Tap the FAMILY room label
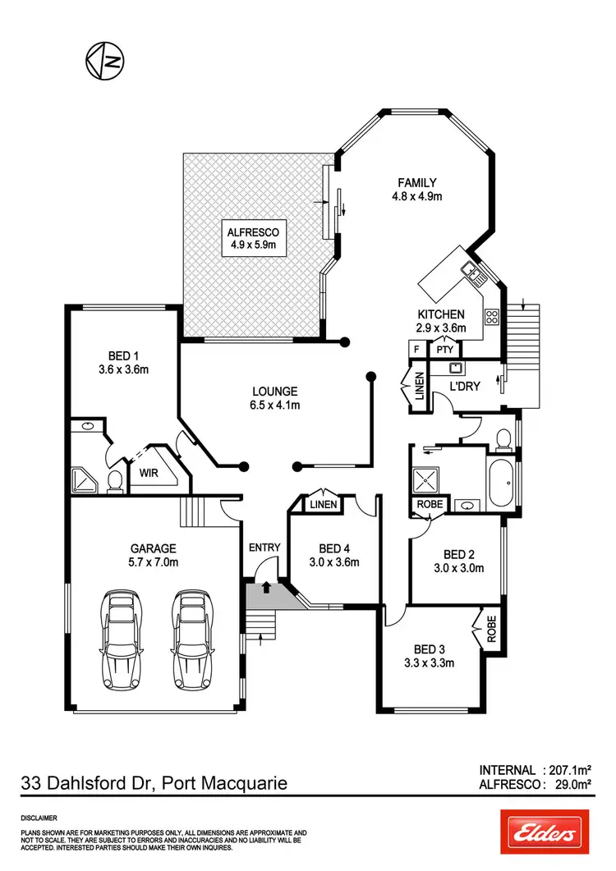(x=417, y=182)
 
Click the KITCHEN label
(x=442, y=314)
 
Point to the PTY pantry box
(x=445, y=350)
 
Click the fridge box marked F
(x=417, y=350)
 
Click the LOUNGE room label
(x=274, y=391)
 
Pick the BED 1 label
(x=124, y=355)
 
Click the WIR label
(x=149, y=474)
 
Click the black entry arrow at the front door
(x=266, y=586)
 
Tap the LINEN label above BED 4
(x=323, y=504)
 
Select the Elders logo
(x=545, y=834)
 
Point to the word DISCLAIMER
(x=39, y=818)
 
